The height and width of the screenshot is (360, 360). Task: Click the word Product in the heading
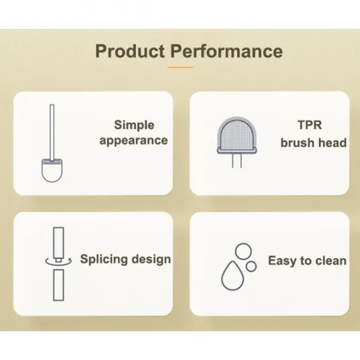click(130, 52)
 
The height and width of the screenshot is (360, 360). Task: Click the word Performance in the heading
click(226, 51)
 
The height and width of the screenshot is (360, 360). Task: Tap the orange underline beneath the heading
click(181, 67)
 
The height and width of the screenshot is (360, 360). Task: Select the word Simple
click(134, 126)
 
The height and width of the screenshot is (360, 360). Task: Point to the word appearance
click(134, 140)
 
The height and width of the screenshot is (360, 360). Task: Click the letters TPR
click(310, 125)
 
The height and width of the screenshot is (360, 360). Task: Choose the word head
click(335, 142)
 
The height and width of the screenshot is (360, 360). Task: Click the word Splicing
click(104, 259)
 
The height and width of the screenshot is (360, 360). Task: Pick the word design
click(151, 259)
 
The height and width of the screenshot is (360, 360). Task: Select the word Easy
click(282, 261)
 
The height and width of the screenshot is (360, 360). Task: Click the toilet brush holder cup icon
click(52, 171)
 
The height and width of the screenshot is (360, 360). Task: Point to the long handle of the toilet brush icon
click(52, 132)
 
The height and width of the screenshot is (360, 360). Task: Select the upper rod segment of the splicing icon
click(58, 243)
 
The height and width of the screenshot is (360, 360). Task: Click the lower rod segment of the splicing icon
click(58, 285)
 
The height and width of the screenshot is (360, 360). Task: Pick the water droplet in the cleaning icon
click(232, 276)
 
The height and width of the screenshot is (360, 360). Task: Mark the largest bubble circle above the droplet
click(244, 251)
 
